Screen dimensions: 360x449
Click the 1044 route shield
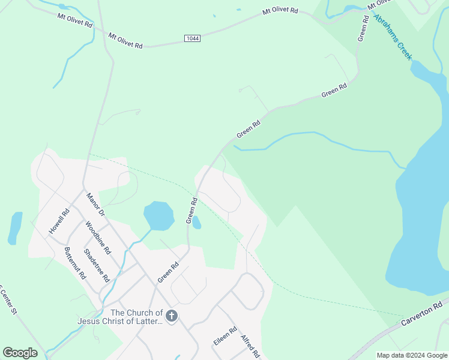(192, 38)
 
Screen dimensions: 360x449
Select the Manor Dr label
(95, 205)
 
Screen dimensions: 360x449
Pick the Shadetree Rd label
(96, 266)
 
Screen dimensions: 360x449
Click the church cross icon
(172, 316)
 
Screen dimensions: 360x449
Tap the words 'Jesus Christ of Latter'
(120, 321)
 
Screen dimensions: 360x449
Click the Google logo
(20, 353)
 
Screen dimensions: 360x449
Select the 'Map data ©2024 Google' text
(412, 355)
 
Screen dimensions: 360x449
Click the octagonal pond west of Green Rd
(158, 216)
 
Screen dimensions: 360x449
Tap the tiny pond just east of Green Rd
(196, 223)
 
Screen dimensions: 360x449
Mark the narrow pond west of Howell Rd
(15, 228)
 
